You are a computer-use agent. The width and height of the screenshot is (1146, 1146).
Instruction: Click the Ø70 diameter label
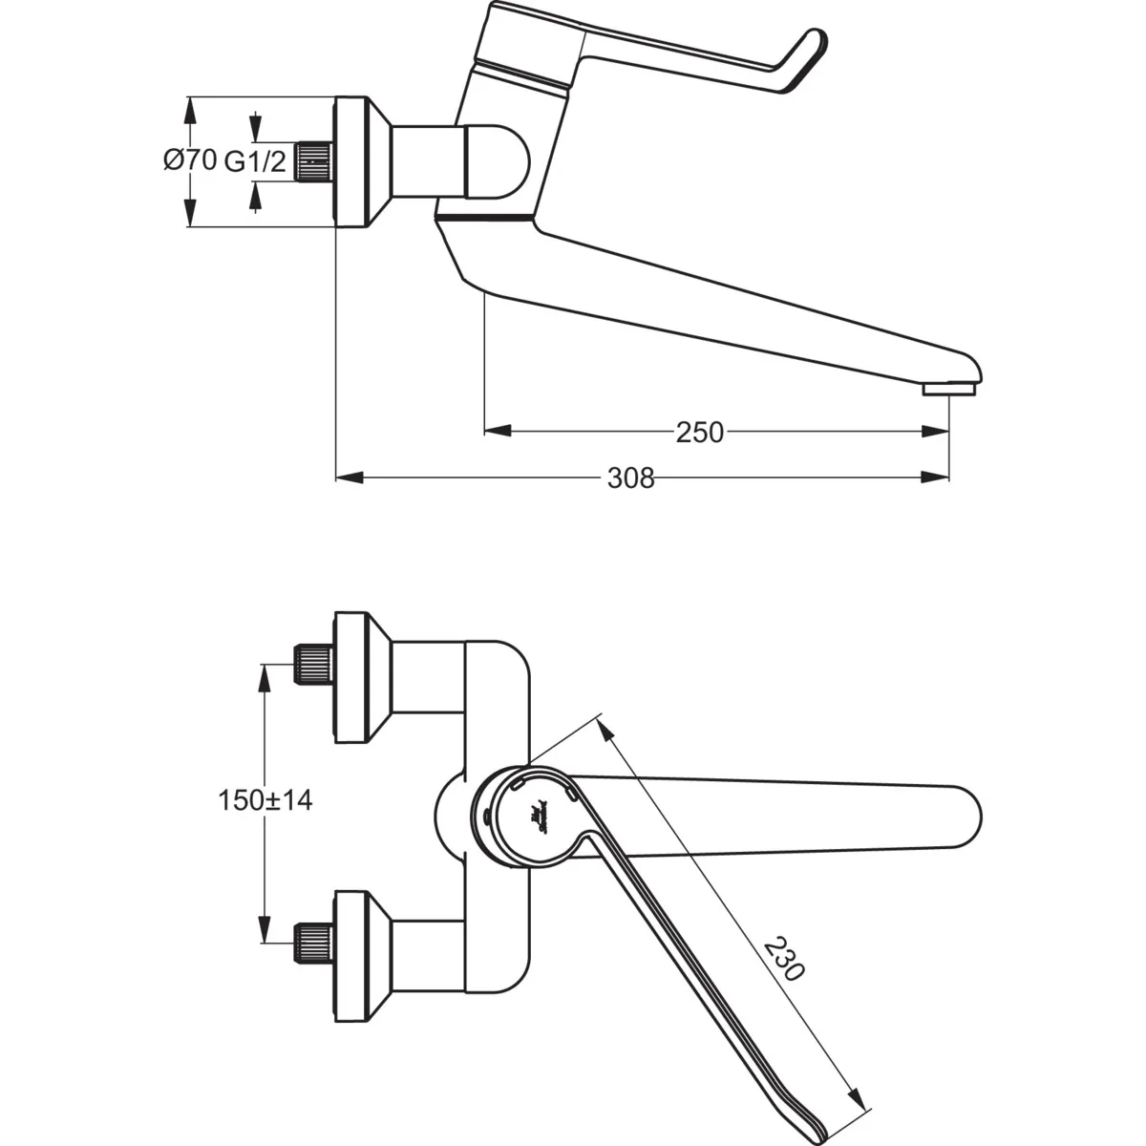pos(189,160)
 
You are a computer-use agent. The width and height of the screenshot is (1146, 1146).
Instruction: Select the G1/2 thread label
pos(255,162)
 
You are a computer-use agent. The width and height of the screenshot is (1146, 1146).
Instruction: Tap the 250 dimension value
pos(700,433)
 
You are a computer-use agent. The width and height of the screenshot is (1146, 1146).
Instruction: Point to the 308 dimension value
pos(631,477)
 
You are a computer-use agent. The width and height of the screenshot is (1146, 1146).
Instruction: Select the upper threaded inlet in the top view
pos(312,664)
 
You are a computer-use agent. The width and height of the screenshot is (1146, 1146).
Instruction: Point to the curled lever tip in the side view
pos(806,59)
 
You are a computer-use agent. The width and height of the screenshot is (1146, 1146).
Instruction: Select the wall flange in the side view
pos(356,161)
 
